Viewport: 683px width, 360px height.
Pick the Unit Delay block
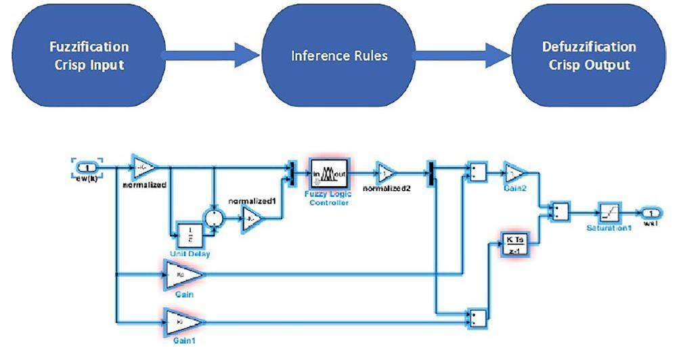[190, 234]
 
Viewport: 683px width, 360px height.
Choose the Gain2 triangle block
[514, 172]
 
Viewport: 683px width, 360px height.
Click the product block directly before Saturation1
[560, 211]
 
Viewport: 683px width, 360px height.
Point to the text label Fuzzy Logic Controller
[329, 198]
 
